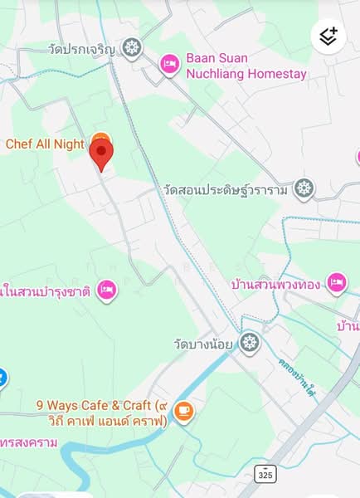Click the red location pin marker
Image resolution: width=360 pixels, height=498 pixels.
coord(101,154)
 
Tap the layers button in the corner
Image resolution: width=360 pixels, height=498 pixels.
coord(328,37)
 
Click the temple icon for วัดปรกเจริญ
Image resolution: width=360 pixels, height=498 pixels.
coord(132,48)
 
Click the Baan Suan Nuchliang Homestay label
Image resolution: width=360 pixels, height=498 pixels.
coord(246,66)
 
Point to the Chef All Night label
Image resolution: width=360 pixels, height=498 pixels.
coord(45,144)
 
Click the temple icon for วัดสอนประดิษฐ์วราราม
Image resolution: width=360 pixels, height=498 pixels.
coord(304,189)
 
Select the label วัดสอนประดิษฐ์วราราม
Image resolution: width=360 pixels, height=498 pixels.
coord(226,190)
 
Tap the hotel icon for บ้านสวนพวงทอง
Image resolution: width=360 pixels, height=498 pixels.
coord(336,284)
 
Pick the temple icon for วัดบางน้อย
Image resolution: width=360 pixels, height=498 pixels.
coord(250,342)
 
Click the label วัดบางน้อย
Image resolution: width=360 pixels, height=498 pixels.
coord(204,343)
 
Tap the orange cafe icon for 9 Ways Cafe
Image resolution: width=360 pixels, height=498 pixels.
coord(184,410)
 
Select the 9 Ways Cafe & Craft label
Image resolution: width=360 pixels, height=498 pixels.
coord(101,413)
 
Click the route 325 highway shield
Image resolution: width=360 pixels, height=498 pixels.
coord(265,474)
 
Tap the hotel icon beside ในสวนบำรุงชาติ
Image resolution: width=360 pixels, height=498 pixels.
coord(106,290)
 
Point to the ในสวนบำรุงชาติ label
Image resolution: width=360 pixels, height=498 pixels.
coord(46,290)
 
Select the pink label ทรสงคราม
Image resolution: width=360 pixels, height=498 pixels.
coord(29,442)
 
